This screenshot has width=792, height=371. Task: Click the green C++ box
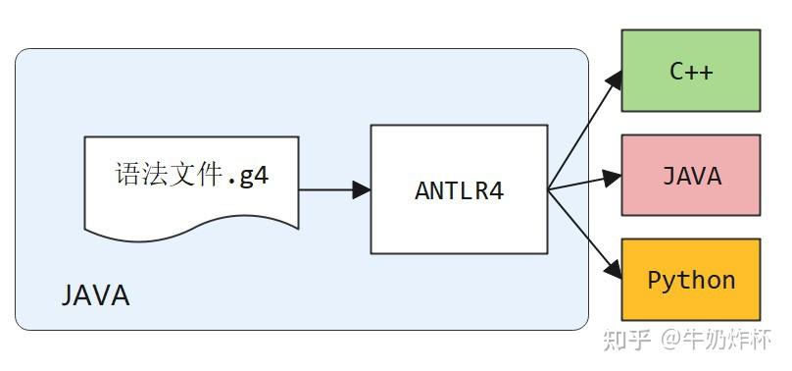click(x=691, y=71)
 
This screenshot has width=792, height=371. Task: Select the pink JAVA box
click(x=691, y=175)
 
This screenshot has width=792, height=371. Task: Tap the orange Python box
click(x=691, y=280)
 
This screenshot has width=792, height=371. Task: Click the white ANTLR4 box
click(x=459, y=189)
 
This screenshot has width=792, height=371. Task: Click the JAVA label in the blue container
click(x=96, y=295)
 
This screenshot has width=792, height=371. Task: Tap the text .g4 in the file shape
click(x=247, y=178)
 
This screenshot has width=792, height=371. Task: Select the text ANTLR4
click(x=459, y=190)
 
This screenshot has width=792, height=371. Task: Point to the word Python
click(x=691, y=280)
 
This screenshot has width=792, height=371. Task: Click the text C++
click(x=691, y=72)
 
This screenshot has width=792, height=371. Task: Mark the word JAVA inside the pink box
click(x=691, y=176)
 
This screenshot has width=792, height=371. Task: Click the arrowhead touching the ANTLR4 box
click(x=361, y=189)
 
